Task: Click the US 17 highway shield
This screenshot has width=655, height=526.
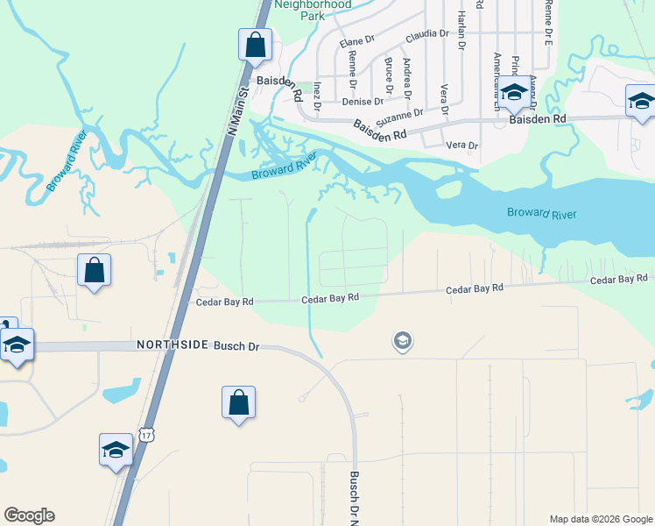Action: coord(145,435)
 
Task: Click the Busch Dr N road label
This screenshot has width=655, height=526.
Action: coord(355,497)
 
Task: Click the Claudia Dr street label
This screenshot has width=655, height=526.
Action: coord(426,34)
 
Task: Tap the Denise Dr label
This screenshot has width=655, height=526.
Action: coord(357,102)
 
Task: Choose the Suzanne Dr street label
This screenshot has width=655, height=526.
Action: coord(400,114)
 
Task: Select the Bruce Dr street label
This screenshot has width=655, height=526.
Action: coord(388,74)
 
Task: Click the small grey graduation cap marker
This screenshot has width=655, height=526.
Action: coord(402,340)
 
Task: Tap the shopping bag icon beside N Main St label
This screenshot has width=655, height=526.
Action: coord(255,46)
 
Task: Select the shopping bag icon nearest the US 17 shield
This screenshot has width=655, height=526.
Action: coord(238,403)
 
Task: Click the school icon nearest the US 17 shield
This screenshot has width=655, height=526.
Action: coord(116,451)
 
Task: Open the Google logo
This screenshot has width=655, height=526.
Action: coord(29,515)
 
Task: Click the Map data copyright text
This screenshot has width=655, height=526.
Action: coord(600,519)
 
